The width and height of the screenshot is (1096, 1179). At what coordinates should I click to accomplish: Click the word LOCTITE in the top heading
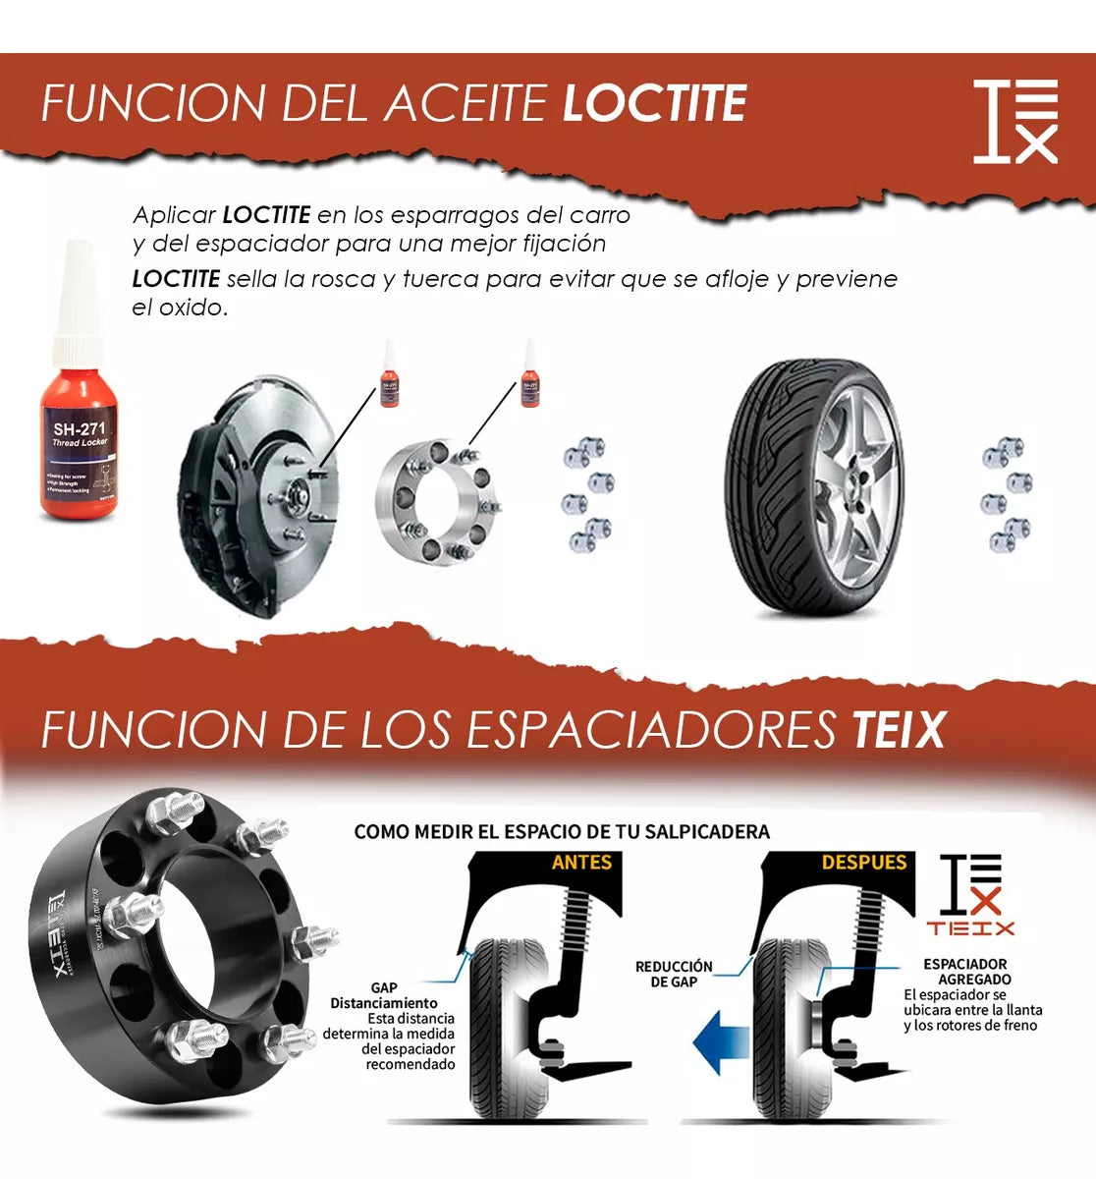(654, 104)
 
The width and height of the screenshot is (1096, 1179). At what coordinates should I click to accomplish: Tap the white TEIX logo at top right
(1015, 121)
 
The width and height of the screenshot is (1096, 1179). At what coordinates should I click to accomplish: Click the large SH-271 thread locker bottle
(79, 432)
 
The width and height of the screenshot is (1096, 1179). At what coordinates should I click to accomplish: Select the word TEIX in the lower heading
(898, 730)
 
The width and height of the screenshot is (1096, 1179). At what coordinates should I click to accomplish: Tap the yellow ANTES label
(581, 863)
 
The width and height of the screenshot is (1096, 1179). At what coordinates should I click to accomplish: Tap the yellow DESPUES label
(863, 863)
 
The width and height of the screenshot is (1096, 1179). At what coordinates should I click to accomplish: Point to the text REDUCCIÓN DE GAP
(674, 974)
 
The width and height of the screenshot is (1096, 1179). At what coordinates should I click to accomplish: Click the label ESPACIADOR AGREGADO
(966, 972)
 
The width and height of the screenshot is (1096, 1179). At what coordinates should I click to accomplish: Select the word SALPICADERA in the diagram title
(707, 832)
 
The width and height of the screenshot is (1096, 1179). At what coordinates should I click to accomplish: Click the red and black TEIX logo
(970, 895)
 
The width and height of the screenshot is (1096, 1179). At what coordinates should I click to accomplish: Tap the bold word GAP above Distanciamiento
(384, 987)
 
